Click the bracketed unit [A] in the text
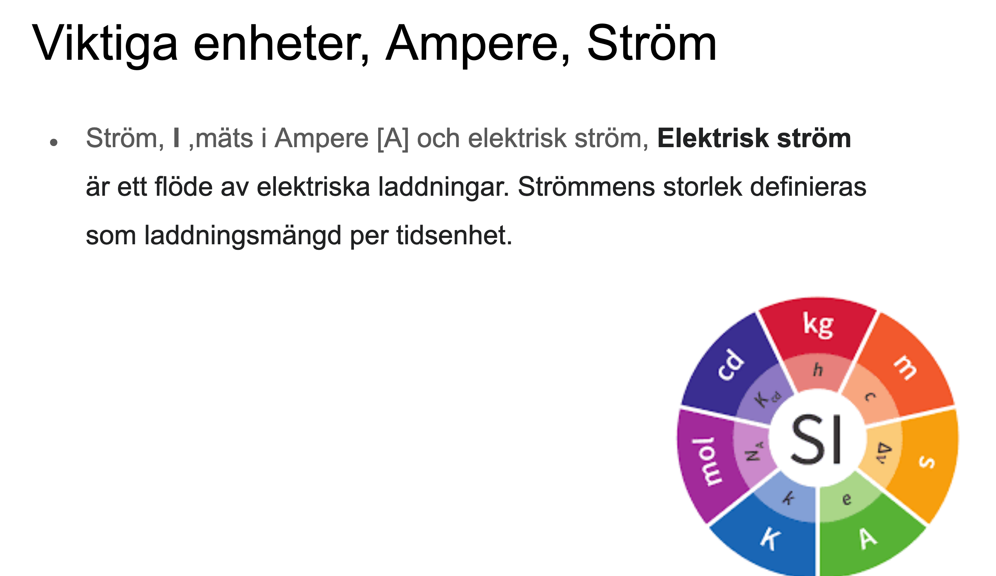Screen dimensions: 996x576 pyautogui.click(x=393, y=139)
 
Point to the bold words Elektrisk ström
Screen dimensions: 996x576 pyautogui.click(x=754, y=138)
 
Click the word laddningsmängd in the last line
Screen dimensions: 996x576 pyautogui.click(x=243, y=236)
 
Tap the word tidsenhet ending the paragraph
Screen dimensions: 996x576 pyautogui.click(x=454, y=235)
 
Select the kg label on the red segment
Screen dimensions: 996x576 pyautogui.click(x=818, y=325)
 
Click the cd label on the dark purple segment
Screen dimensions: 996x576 pyautogui.click(x=731, y=365)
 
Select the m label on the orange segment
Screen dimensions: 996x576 pyautogui.click(x=906, y=368)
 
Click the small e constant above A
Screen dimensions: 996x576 pyautogui.click(x=846, y=499)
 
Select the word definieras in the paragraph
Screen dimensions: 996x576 pyautogui.click(x=808, y=187)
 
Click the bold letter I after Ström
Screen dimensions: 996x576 pyautogui.click(x=176, y=138)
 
